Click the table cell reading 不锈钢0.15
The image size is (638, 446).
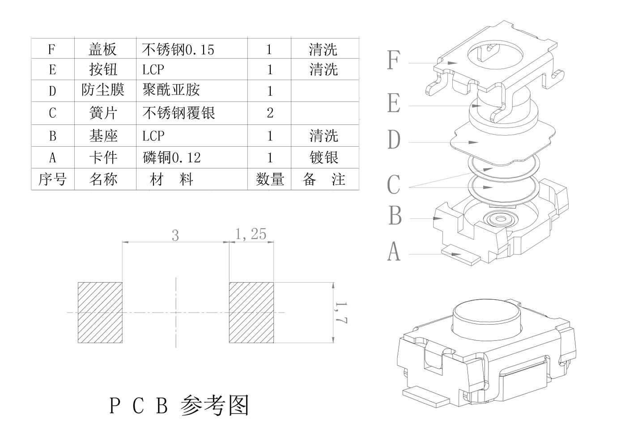click(178, 49)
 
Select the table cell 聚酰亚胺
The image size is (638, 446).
click(171, 90)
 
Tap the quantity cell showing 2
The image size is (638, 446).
click(270, 113)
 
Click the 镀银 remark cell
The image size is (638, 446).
click(324, 157)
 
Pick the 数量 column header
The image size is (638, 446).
click(270, 179)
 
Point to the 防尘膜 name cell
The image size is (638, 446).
click(103, 90)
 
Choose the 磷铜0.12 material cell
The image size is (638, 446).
click(172, 157)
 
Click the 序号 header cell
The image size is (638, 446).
click(52, 179)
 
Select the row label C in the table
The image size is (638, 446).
click(52, 113)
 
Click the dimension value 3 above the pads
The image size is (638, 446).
click(175, 235)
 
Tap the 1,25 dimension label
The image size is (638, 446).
click(251, 234)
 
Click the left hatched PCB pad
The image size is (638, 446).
click(100, 313)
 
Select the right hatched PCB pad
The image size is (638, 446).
click(251, 313)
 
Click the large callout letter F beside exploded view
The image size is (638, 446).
click(393, 60)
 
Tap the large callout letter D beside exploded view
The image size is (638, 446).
click(394, 140)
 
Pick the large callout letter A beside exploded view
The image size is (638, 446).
click(394, 251)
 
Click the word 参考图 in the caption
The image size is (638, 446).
click(215, 406)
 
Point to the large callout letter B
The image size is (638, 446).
click(395, 216)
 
